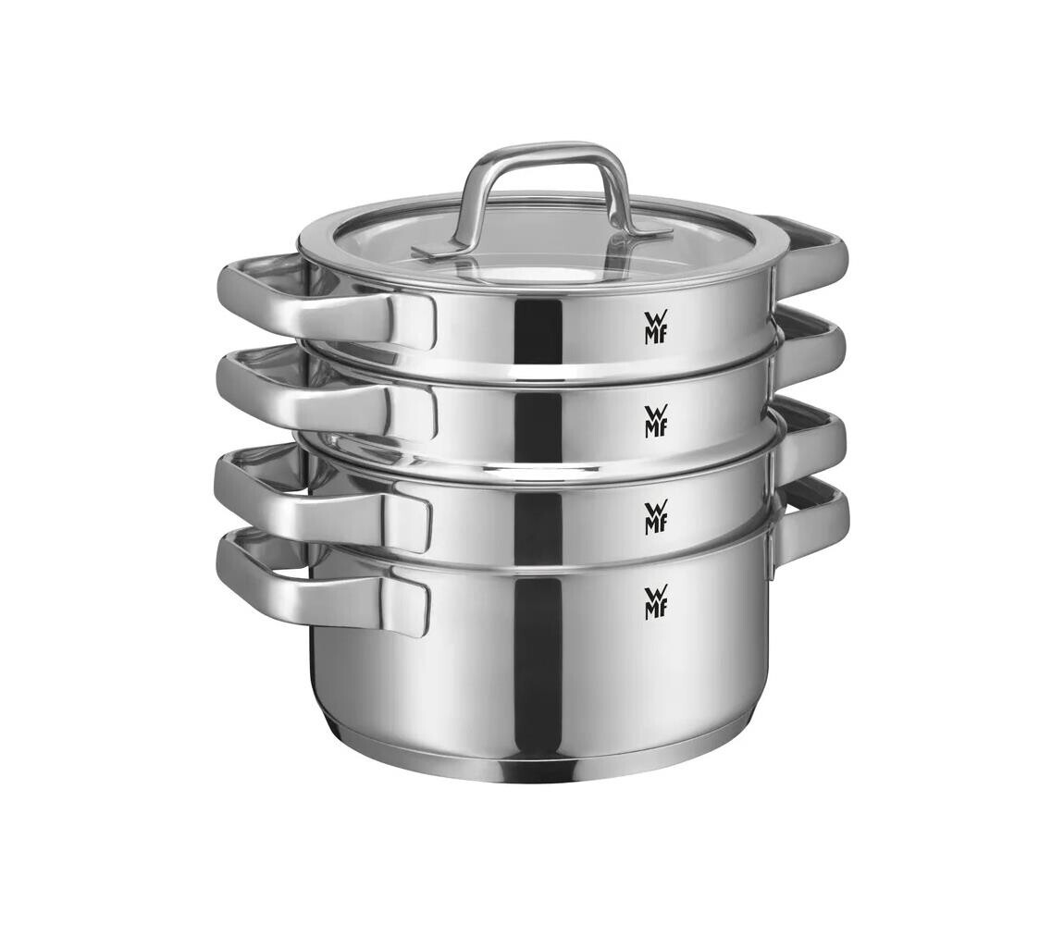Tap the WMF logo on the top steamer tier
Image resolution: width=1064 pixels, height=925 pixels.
[x=654, y=327]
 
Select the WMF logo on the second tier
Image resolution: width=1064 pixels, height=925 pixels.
[x=655, y=421]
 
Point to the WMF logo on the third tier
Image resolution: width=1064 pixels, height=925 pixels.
[x=655, y=516]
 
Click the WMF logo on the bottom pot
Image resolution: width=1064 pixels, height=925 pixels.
[x=655, y=602]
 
